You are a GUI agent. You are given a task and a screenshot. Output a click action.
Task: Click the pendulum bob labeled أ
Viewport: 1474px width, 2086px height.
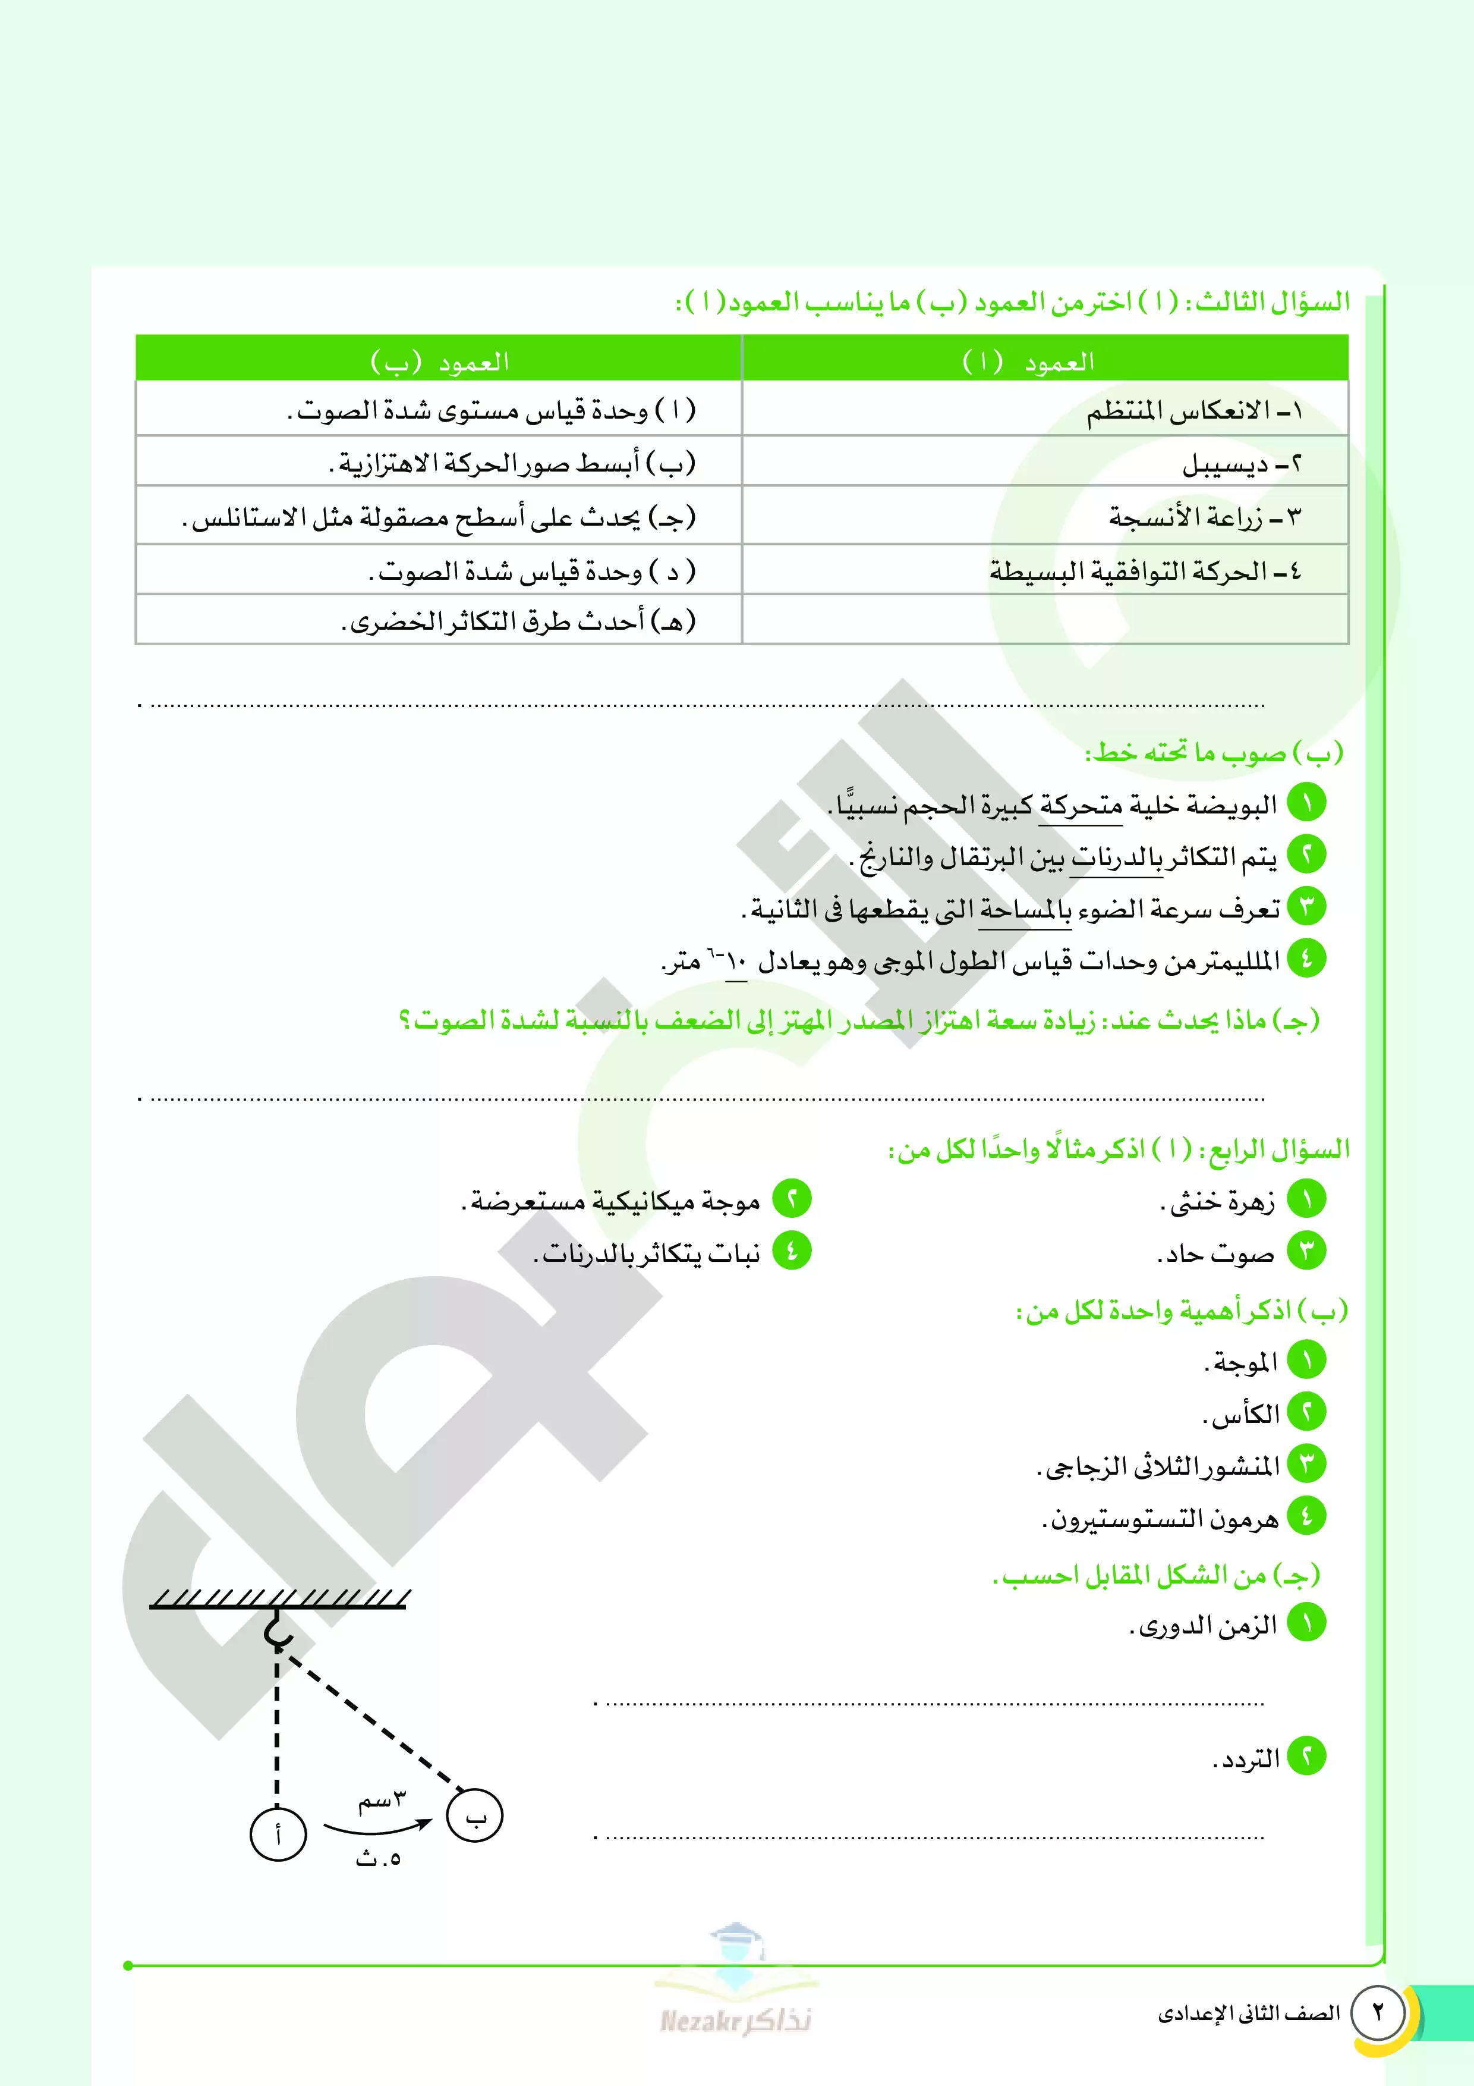278,1834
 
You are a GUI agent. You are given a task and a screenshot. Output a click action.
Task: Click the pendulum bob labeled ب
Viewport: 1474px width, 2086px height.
475,1816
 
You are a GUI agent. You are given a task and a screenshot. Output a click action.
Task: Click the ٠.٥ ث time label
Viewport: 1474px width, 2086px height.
378,1858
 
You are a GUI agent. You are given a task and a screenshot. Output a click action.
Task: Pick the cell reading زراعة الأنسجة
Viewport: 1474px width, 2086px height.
1044,517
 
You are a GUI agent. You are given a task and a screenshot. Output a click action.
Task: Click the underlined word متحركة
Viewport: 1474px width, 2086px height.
1081,806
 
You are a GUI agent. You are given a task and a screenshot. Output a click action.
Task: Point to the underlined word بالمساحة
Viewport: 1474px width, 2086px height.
1025,909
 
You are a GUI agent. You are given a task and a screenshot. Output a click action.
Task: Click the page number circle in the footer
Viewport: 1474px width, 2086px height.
1378,2012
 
